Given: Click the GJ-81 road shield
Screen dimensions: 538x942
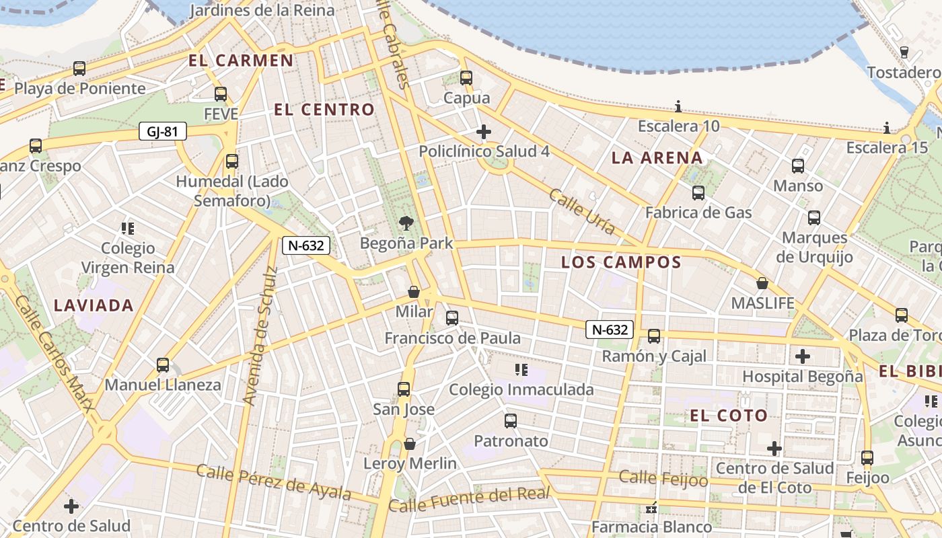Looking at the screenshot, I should click(x=162, y=131).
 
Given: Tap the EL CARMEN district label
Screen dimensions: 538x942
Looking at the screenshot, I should click(x=241, y=61).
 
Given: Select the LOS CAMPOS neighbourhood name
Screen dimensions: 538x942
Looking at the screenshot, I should click(x=621, y=262).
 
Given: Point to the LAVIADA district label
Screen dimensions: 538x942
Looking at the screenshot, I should click(x=94, y=305).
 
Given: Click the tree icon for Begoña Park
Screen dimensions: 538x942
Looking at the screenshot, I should click(x=406, y=223).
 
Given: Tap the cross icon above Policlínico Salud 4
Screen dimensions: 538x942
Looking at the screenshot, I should click(x=483, y=131).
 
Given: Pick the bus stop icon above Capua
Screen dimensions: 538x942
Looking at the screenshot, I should click(x=466, y=78).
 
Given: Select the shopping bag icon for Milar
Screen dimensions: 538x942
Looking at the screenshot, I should click(x=414, y=292).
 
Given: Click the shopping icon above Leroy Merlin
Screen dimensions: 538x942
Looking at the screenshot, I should click(x=409, y=444).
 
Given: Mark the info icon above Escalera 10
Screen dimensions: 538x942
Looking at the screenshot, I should click(x=678, y=106).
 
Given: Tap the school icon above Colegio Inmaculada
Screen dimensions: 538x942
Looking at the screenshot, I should click(x=520, y=369).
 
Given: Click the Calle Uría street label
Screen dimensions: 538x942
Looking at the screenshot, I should click(x=582, y=212).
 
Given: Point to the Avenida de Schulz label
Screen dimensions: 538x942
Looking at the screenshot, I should click(x=260, y=336).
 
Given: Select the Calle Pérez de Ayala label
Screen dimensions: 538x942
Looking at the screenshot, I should click(x=273, y=482).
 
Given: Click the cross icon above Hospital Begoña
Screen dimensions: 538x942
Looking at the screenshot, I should click(x=802, y=356).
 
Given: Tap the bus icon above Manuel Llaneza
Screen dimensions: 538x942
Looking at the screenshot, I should click(x=163, y=365).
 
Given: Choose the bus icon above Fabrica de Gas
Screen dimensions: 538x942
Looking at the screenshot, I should click(x=698, y=193).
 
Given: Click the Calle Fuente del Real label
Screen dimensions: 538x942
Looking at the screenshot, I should click(x=469, y=500).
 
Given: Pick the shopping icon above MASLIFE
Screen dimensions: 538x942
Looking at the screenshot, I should click(x=762, y=283).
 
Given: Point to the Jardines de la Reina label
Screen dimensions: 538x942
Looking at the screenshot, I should click(x=262, y=10).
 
